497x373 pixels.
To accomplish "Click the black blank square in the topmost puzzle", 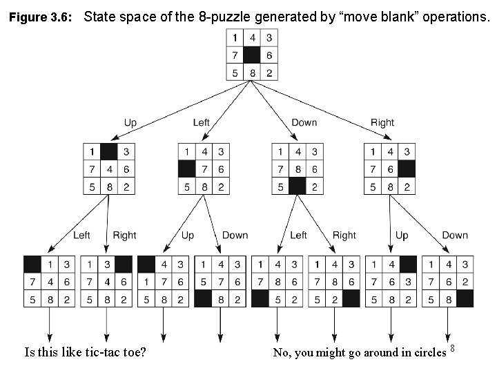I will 252,55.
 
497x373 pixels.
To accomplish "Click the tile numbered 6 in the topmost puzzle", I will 269,55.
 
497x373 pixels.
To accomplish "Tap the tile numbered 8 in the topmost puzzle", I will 252,73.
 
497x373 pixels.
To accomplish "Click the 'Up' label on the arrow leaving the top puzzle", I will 130,122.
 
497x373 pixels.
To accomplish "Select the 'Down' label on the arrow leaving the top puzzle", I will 304,122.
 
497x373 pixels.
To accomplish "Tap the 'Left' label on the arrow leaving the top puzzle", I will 201,122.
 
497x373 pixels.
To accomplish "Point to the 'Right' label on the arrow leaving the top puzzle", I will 382,122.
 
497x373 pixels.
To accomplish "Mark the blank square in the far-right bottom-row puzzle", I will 465,298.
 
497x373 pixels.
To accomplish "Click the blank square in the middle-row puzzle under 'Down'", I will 298,186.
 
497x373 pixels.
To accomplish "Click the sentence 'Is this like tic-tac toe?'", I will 84,352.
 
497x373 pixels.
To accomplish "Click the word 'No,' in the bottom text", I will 281,353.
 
